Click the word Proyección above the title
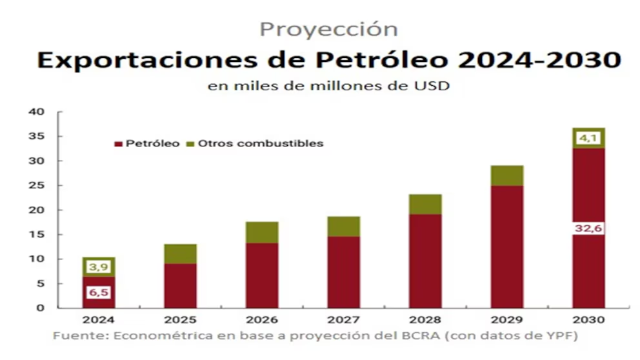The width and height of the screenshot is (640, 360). tap(328, 29)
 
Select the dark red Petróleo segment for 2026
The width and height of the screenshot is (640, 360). tap(262, 275)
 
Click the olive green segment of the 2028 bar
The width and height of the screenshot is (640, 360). tap(425, 205)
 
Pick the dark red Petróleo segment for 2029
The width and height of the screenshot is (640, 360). tap(507, 246)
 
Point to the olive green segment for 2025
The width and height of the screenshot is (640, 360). tap(180, 254)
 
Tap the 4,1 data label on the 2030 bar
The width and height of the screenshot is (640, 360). tap(590, 137)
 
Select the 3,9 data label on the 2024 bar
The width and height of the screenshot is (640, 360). tap(98, 266)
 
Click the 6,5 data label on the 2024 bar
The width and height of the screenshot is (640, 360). tap(98, 292)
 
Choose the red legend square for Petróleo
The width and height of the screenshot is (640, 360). tap(118, 144)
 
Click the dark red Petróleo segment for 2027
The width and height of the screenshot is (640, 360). tap(344, 272)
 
